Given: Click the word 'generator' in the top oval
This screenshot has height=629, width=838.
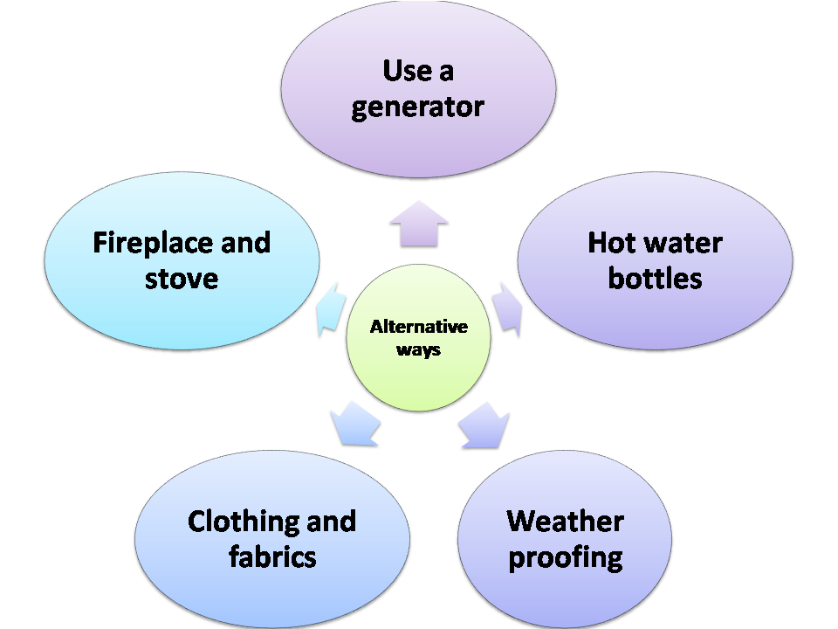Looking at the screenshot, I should pos(417,107).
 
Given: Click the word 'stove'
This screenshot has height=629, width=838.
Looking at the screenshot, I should pos(182,279).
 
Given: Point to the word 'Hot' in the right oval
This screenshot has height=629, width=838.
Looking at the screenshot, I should pos(608,242).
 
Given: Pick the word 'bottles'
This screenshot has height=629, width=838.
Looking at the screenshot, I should pos(655,279).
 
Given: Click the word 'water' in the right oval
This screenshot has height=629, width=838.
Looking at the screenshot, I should pos(682,242).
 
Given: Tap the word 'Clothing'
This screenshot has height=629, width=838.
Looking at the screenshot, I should pos(241,522).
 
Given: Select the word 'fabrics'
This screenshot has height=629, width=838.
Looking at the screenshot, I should pos(271,557).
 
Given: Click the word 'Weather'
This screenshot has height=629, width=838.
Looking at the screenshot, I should pos(565,522).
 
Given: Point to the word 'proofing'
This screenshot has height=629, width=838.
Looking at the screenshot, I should pos(565,557).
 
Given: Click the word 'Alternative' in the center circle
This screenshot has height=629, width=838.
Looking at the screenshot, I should pos(419,328).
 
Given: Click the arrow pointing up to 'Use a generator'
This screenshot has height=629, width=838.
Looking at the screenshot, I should pos(419,224).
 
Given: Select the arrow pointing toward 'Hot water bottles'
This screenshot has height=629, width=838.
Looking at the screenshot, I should pos(508,308).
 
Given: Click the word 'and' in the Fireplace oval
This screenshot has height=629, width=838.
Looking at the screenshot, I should pos(245,242).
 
